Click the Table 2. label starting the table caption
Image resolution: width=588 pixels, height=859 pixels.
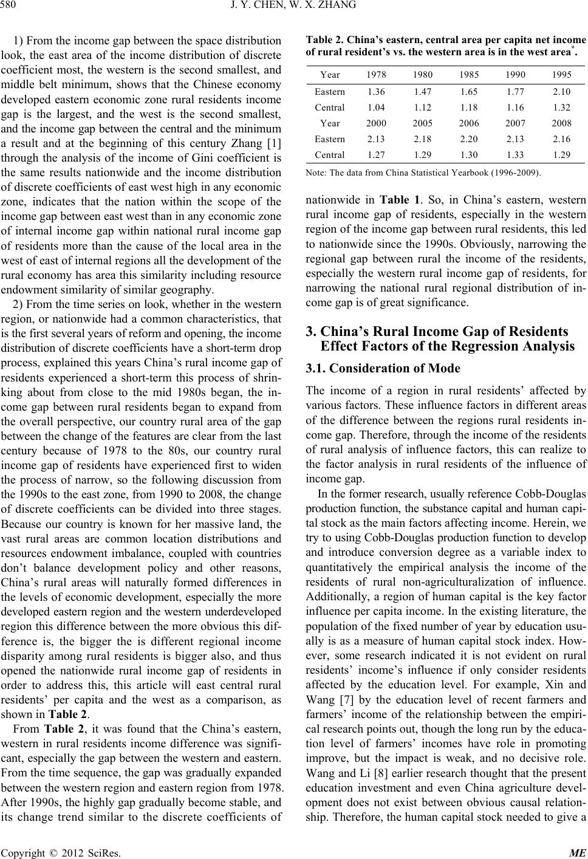(324, 41)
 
